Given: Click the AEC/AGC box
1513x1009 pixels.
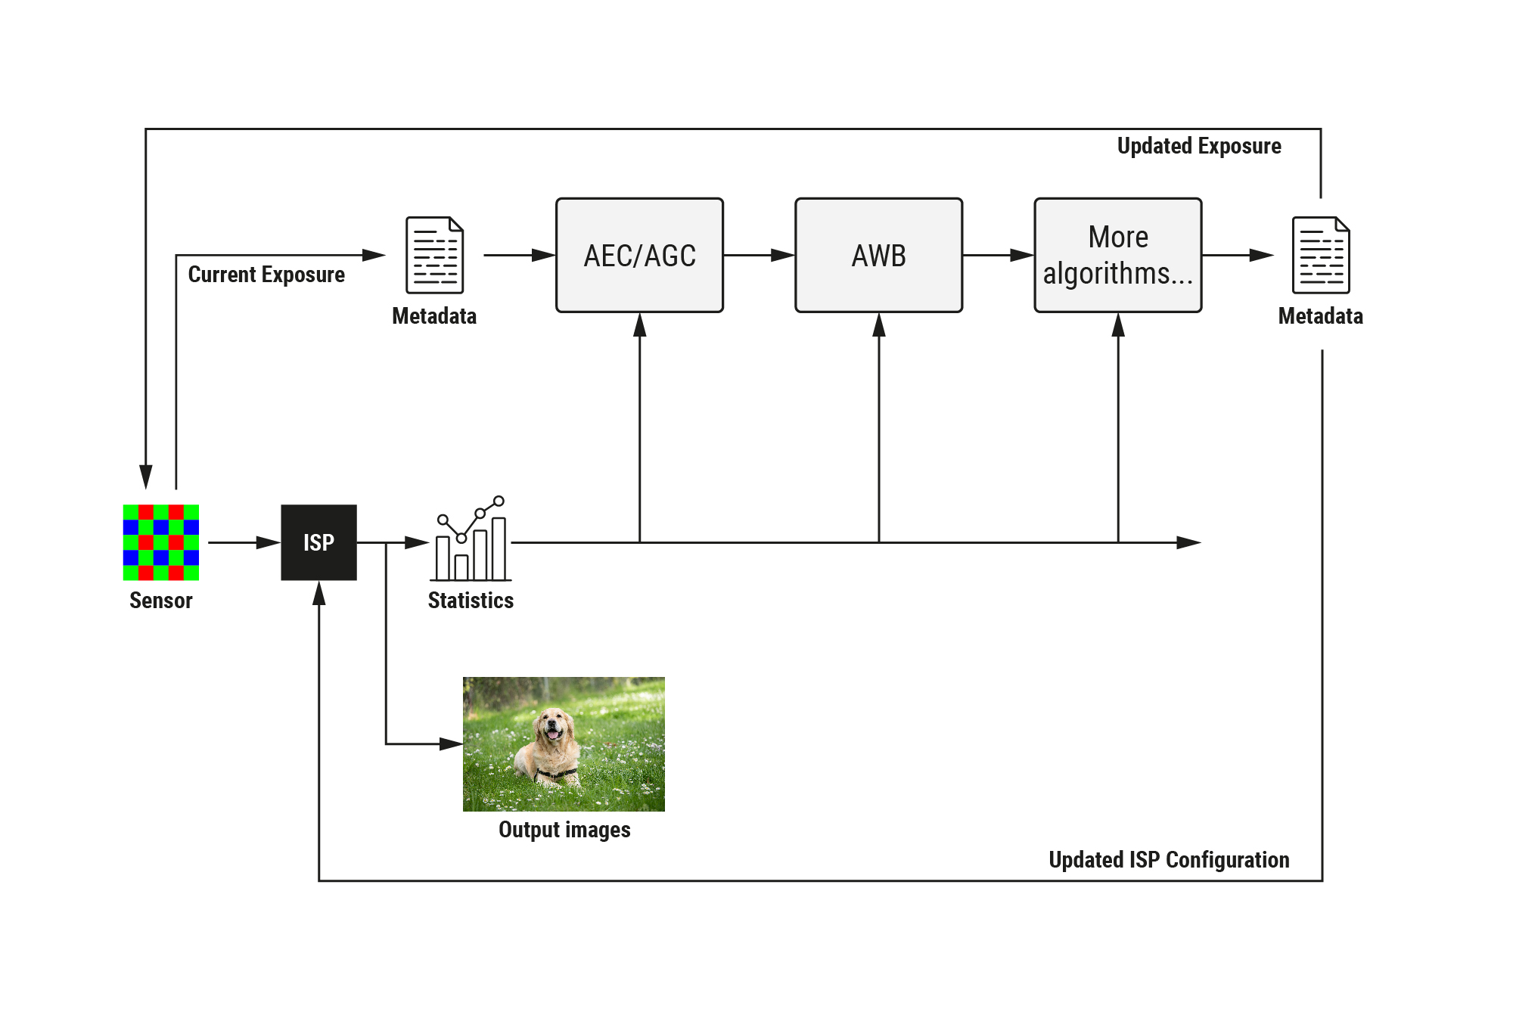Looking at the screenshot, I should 639,256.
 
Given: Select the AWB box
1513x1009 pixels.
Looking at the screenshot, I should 878,256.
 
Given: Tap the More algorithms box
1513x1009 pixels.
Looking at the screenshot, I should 1117,256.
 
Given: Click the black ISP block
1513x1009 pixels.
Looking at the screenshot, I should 318,542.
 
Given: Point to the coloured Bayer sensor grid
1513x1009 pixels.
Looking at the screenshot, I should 161,542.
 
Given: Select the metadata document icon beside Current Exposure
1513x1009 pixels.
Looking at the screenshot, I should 434,256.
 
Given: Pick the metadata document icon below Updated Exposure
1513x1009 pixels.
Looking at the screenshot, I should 1320,256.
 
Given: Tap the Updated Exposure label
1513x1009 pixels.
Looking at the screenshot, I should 1199,146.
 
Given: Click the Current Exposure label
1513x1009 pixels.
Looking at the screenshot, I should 266,275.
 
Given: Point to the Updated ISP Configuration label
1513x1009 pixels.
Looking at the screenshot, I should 1169,860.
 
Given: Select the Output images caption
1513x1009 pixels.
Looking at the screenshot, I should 564,830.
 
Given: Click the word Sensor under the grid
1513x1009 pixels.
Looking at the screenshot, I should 161,601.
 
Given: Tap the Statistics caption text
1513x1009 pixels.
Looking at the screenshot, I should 471,601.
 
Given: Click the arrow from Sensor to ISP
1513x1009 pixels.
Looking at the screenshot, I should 242,542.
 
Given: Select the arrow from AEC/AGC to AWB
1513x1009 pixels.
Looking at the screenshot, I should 759,256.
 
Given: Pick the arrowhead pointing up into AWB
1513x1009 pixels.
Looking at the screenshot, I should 878,325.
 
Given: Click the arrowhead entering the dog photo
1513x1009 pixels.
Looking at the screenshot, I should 451,744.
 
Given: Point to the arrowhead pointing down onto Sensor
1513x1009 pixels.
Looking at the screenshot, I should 146,477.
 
